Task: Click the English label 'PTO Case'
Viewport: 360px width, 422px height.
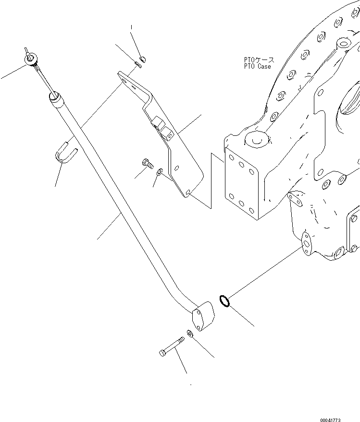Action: point(257,67)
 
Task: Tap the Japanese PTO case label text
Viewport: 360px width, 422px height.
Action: point(259,60)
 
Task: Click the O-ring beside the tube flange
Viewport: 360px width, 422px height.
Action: point(223,301)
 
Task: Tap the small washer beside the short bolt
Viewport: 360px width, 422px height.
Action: point(160,171)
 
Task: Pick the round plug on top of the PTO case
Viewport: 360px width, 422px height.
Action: point(255,139)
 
